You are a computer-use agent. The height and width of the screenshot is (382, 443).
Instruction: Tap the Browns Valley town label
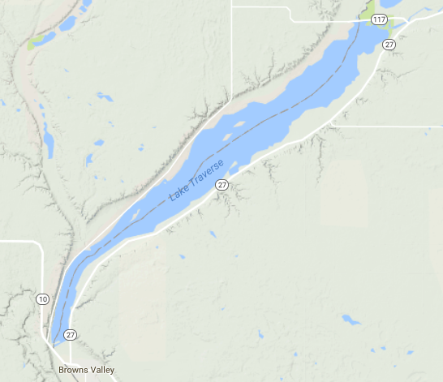(x=87, y=371)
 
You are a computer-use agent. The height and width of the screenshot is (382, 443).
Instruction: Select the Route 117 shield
(x=379, y=19)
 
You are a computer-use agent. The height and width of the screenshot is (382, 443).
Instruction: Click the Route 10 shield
(x=42, y=299)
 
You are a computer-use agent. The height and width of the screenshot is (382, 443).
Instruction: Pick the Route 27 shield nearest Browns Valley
(x=71, y=334)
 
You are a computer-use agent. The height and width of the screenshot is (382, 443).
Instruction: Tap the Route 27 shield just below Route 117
(x=389, y=45)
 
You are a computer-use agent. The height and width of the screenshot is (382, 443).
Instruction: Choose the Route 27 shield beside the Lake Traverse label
(x=221, y=186)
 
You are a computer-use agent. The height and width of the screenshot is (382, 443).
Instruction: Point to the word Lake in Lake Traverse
(x=176, y=193)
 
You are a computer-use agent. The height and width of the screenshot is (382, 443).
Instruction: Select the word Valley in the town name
(x=101, y=371)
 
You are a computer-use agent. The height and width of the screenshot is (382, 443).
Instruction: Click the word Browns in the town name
(x=72, y=371)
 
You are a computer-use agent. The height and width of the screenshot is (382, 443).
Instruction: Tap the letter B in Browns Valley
(x=62, y=371)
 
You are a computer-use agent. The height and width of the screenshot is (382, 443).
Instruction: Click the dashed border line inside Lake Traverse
(x=268, y=121)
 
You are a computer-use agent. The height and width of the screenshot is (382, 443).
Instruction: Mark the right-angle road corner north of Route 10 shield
(x=40, y=243)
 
